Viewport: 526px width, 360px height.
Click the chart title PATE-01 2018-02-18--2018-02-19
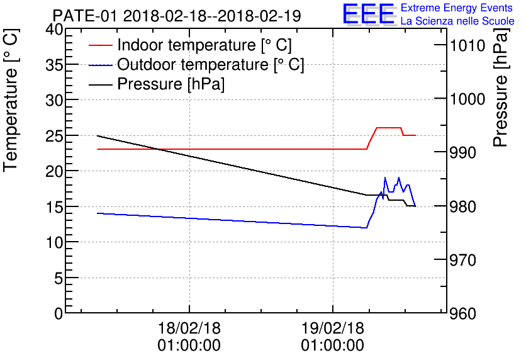tap(177, 16)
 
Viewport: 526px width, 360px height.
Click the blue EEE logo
tap(369, 14)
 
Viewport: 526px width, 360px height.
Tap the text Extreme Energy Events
tap(457, 8)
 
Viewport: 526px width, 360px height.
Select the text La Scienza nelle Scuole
tap(457, 21)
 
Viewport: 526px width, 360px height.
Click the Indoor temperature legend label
tap(204, 45)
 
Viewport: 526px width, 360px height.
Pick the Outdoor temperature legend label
tap(211, 64)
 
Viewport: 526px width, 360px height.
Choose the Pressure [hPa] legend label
tap(171, 84)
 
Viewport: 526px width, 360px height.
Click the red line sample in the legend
tap(101, 45)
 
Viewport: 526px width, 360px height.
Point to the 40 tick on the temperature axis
tap(54, 30)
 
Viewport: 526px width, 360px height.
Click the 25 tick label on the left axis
tap(54, 136)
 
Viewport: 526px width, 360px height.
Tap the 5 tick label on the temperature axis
tap(59, 278)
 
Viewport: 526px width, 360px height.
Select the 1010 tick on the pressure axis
tap(467, 45)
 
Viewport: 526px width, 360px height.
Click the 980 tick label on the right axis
tap(463, 206)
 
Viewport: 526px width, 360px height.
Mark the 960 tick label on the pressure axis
tap(463, 313)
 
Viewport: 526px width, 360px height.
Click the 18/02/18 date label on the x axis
tap(189, 328)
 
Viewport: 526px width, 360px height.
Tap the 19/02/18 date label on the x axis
tap(333, 328)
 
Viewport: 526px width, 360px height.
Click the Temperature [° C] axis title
tap(11, 101)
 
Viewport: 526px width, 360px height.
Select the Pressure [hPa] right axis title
tap(500, 87)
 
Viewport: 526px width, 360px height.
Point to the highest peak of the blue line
tap(385, 177)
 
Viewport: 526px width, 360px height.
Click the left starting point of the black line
tap(98, 136)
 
